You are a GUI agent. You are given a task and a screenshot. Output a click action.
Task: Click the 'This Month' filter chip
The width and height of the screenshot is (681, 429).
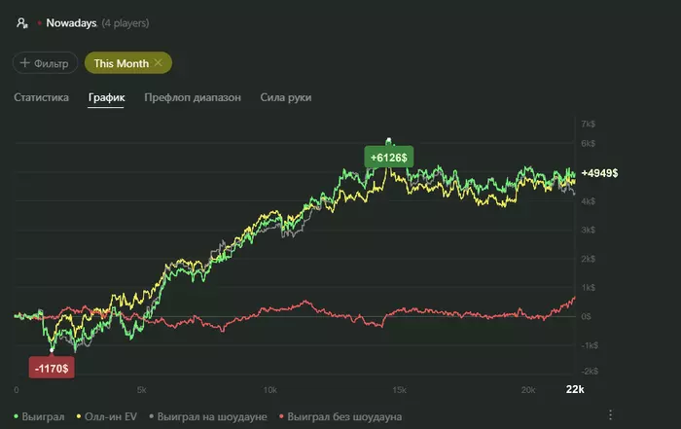point(127,63)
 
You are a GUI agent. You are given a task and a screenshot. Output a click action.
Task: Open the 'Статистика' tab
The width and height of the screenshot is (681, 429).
point(41,98)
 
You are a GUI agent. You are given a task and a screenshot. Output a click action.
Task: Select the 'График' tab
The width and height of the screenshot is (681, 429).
point(106,98)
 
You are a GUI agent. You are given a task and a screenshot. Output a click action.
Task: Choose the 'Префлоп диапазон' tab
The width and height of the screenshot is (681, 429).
point(192,98)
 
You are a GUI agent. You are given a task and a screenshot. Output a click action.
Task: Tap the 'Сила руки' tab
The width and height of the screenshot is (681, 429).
point(286,98)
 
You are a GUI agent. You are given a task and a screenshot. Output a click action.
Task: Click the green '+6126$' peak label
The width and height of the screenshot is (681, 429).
point(389,157)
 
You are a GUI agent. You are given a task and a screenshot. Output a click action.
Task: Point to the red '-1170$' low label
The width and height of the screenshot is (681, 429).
point(54,369)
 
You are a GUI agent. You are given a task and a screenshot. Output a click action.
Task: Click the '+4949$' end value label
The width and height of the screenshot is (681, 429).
point(599,173)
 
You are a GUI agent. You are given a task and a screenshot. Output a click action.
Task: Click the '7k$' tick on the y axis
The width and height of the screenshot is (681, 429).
point(587,125)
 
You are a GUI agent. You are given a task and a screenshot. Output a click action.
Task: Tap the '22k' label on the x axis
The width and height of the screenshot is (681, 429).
point(575,390)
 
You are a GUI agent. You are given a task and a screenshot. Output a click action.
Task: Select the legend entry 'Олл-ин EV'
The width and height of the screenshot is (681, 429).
point(109,416)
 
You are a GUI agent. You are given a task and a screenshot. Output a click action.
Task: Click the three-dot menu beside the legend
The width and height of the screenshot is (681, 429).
point(610,415)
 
